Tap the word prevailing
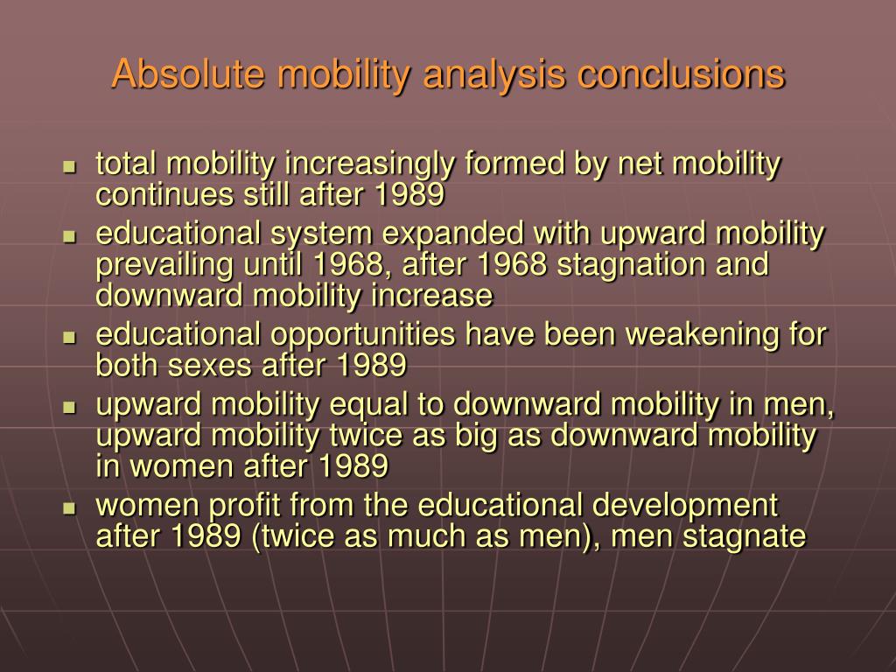click(158, 265)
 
